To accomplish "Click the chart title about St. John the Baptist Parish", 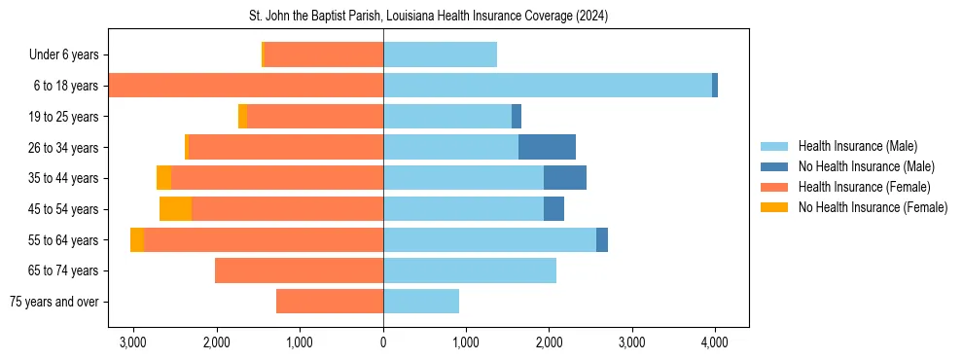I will point(429,17).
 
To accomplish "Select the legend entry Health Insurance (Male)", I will point(857,146).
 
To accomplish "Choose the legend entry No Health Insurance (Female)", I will point(872,207).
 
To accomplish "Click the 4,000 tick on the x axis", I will point(715,342).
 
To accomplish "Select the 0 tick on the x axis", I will point(383,342).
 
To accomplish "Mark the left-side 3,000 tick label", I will point(132,342).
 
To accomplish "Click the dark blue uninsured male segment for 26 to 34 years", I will point(547,148).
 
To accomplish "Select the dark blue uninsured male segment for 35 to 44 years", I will point(564,178).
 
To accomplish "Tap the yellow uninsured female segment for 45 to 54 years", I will point(175,209).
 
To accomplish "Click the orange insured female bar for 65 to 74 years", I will point(299,270).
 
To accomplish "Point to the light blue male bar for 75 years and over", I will point(421,302).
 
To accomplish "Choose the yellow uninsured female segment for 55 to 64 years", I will point(137,240).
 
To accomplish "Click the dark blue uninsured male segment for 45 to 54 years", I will point(553,209).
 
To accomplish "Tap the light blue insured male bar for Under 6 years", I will point(440,55).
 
